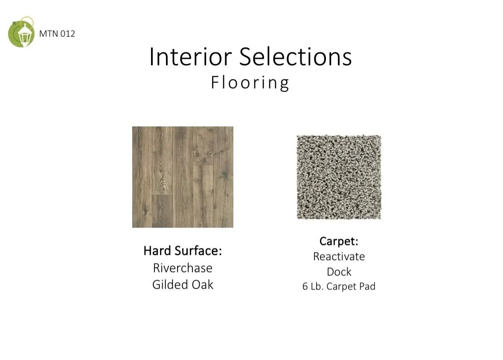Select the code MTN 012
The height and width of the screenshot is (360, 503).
coord(57,34)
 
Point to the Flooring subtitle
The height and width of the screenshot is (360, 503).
coord(250,83)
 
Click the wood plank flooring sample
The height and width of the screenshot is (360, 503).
coord(183,177)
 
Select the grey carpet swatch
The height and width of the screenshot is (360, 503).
coord(339,177)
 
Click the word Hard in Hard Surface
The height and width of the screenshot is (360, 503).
coord(157,251)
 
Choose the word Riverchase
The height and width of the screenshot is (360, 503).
coord(183,268)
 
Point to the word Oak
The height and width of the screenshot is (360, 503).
coord(203,284)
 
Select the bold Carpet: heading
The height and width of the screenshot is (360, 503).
coord(339,241)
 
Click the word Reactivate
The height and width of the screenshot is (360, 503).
coord(339,256)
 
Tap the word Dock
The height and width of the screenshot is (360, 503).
coord(339,272)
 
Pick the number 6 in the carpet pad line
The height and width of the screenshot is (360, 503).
coord(305,287)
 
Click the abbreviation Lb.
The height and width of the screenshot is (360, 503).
coord(317,287)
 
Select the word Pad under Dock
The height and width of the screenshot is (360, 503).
coord(367,287)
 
